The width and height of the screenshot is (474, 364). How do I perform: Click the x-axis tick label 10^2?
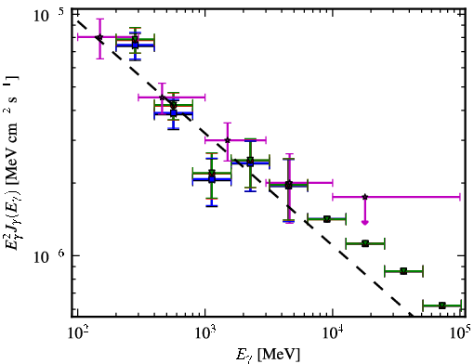click(x=78, y=333)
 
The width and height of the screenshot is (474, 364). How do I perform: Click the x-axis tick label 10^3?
click(x=205, y=333)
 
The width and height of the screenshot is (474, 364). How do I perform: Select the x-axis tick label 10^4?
click(x=333, y=333)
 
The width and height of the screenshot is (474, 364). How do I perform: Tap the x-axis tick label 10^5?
click(x=459, y=332)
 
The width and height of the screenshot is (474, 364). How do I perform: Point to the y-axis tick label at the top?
click(x=48, y=15)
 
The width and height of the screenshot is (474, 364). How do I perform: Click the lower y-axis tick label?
click(x=48, y=256)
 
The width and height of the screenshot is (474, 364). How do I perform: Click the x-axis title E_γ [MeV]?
click(x=268, y=355)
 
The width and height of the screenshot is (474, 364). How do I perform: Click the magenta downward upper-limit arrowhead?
click(x=365, y=222)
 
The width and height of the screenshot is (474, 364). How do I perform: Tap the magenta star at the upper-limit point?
click(x=365, y=197)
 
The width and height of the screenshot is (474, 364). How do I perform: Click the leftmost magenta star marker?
click(x=99, y=37)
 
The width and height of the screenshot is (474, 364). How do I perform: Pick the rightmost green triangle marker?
click(x=442, y=305)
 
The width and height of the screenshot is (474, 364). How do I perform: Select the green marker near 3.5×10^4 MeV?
click(x=403, y=271)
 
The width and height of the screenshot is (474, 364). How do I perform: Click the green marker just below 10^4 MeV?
click(x=326, y=219)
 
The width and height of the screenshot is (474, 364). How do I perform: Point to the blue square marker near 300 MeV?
click(x=135, y=45)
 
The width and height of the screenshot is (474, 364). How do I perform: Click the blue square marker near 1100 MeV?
click(x=212, y=179)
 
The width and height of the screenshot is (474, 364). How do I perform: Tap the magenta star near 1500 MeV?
click(x=228, y=140)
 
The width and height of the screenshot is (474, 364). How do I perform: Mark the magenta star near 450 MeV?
click(x=162, y=97)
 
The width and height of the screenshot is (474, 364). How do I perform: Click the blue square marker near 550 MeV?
click(x=174, y=113)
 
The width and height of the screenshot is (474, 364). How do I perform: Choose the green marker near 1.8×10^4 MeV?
click(x=365, y=243)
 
